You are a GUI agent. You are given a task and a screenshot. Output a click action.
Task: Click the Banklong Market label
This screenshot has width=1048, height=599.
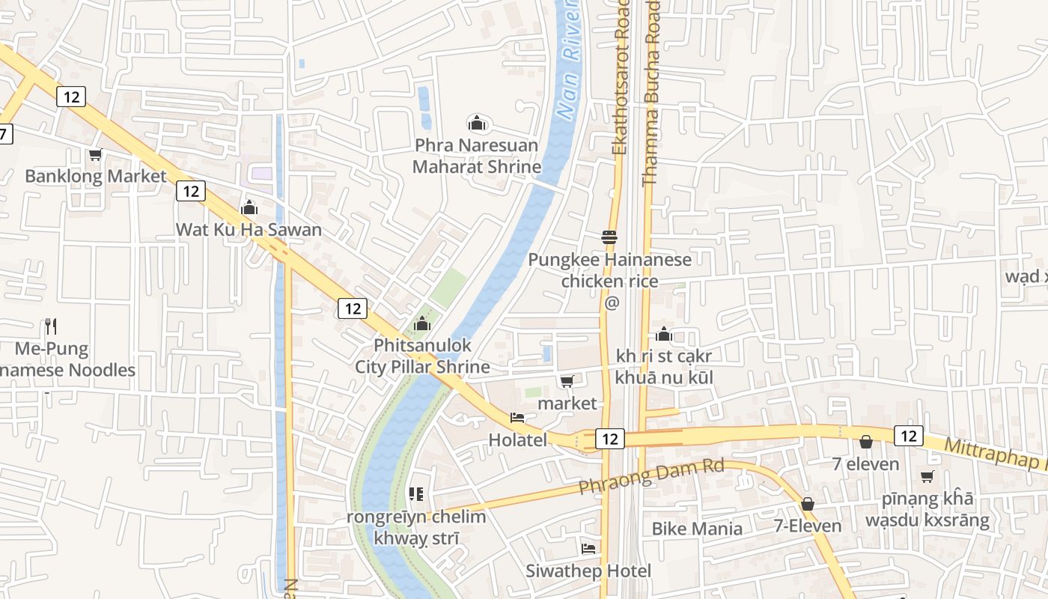pyautogui.click(x=96, y=176)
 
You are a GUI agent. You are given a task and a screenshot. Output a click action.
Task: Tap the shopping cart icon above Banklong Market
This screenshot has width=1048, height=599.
pyautogui.click(x=95, y=155)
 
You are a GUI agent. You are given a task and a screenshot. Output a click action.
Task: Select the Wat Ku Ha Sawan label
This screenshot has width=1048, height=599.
pyautogui.click(x=249, y=229)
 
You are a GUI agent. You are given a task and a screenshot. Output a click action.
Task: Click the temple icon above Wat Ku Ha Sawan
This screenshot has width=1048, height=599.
pyautogui.click(x=249, y=207)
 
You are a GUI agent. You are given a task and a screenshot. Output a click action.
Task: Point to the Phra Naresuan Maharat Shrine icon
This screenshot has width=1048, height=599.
pyautogui.click(x=477, y=123)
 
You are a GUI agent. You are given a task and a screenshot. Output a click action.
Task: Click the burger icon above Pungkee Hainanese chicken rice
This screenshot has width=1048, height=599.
pyautogui.click(x=609, y=237)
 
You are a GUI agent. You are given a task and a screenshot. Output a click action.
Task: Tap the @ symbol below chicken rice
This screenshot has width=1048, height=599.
pyautogui.click(x=612, y=302)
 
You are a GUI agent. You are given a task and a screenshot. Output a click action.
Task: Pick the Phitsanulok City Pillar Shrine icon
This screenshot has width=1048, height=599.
pyautogui.click(x=422, y=323)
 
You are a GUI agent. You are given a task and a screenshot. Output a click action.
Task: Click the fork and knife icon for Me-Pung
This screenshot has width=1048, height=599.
pyautogui.click(x=51, y=326)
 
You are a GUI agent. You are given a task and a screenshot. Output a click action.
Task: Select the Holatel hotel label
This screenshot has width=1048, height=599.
pyautogui.click(x=517, y=440)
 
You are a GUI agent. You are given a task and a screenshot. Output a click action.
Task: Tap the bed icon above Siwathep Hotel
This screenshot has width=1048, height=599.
pyautogui.click(x=588, y=549)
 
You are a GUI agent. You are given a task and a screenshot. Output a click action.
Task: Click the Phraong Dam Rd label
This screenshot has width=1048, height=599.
pyautogui.click(x=651, y=477)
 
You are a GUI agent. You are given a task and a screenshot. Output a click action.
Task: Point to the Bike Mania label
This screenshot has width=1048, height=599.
pyautogui.click(x=697, y=529)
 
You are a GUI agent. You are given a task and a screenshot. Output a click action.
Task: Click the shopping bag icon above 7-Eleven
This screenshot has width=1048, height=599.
pyautogui.click(x=807, y=504)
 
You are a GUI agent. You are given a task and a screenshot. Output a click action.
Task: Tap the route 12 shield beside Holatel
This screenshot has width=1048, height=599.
pyautogui.click(x=610, y=439)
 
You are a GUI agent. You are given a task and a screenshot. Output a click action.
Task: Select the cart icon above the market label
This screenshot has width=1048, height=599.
pyautogui.click(x=567, y=382)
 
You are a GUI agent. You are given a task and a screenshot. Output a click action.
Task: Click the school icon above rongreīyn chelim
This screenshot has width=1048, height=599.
pyautogui.click(x=416, y=494)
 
